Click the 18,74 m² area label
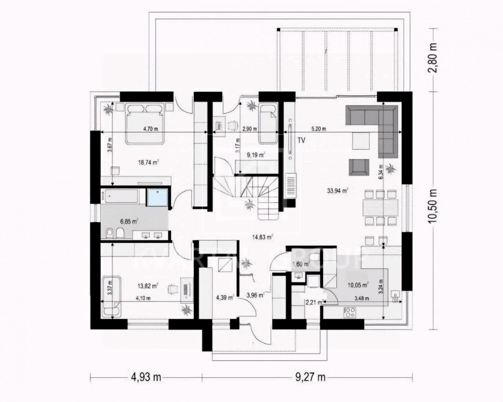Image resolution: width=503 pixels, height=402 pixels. click(x=148, y=162)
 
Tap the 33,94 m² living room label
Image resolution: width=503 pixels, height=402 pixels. click(x=337, y=191)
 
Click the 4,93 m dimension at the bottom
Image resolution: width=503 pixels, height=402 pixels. click(x=146, y=377)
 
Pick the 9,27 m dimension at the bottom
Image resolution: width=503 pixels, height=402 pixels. click(x=310, y=377)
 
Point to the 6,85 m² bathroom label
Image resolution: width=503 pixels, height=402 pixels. click(x=129, y=222)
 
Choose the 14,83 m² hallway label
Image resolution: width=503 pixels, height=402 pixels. click(x=262, y=237)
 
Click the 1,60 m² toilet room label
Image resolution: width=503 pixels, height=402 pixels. click(x=301, y=264)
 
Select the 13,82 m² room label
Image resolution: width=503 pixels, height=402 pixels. click(x=148, y=286)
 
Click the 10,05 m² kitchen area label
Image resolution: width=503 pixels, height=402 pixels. click(x=358, y=285)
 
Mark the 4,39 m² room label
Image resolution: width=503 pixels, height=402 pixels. click(x=225, y=297)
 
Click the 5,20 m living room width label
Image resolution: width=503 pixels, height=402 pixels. click(x=318, y=129)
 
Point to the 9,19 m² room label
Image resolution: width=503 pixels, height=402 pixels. click(x=255, y=155)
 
